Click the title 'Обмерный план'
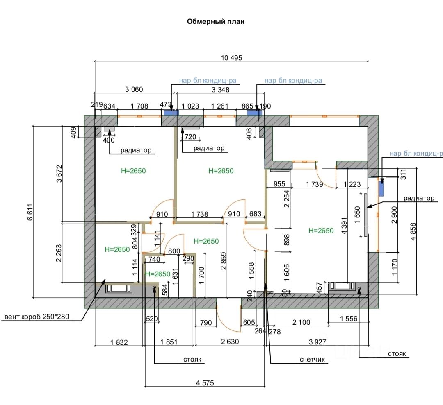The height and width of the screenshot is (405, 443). tap(216, 22)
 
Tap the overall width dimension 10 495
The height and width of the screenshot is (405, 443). tap(231, 58)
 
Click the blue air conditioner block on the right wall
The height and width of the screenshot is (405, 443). tap(381, 188)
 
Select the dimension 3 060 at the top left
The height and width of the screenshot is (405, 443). tap(134, 89)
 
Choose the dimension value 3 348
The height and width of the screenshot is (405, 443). tap(220, 89)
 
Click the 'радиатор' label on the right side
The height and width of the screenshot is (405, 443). tap(418, 198)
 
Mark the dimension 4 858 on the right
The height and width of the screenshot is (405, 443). tap(413, 232)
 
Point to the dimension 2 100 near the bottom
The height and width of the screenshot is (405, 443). tap(301, 323)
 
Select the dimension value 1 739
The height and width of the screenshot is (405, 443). tap(315, 184)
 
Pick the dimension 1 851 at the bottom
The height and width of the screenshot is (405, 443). tap(169, 342)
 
